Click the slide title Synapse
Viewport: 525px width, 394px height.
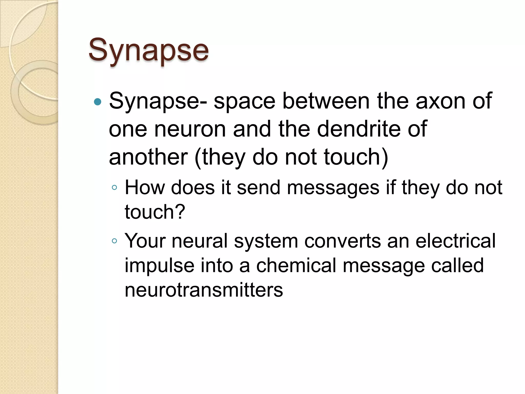click(x=148, y=50)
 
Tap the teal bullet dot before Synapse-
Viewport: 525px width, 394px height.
click(x=98, y=102)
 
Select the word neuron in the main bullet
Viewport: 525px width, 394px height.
click(x=190, y=129)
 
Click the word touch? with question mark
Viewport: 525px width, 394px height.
click(x=155, y=212)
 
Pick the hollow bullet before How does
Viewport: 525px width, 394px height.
click(x=114, y=188)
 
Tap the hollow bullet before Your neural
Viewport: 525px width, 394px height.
click(x=114, y=241)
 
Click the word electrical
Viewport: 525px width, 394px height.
click(x=456, y=241)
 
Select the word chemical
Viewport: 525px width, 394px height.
click(x=296, y=265)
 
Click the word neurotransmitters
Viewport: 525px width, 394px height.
click(x=204, y=290)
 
